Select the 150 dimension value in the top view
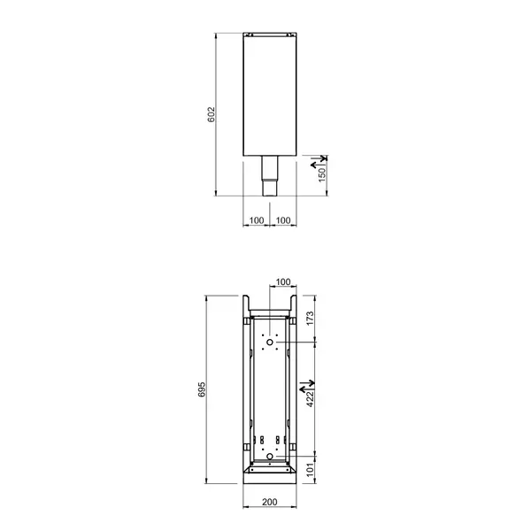pos(323,176)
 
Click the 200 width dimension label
pos(270,502)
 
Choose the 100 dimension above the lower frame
pos(283,282)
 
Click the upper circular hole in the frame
pos(270,342)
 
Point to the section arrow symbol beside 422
pos(306,387)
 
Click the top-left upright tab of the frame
pos(246,304)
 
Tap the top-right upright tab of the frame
pos(293,304)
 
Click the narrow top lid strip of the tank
pos(270,36)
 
